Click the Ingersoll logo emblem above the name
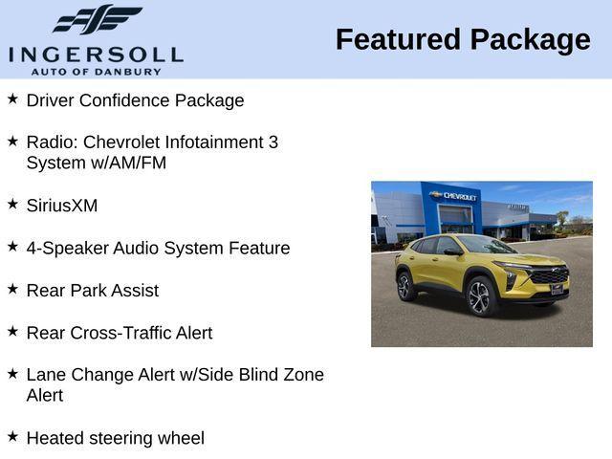click(97, 20)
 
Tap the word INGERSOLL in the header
click(96, 53)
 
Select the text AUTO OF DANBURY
click(96, 71)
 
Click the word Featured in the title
click(397, 40)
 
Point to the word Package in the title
click(530, 40)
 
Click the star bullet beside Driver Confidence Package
click(12, 98)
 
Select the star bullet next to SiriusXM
click(12, 204)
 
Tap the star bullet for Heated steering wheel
click(12, 436)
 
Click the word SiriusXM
click(62, 206)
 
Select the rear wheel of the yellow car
click(404, 286)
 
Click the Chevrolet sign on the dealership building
click(455, 196)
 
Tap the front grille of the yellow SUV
click(549, 277)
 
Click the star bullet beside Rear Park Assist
click(12, 288)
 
